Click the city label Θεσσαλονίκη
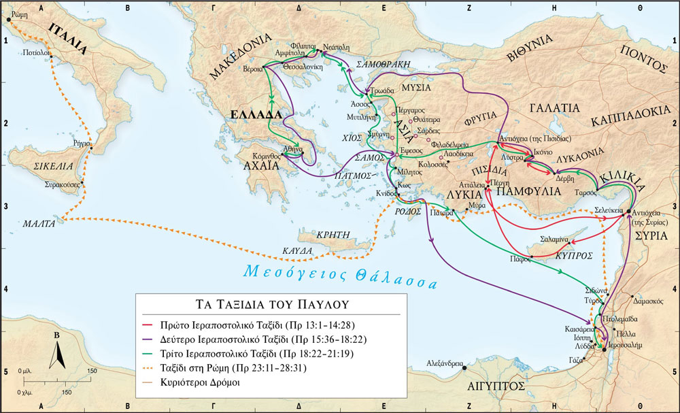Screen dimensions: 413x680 point(301,67)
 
